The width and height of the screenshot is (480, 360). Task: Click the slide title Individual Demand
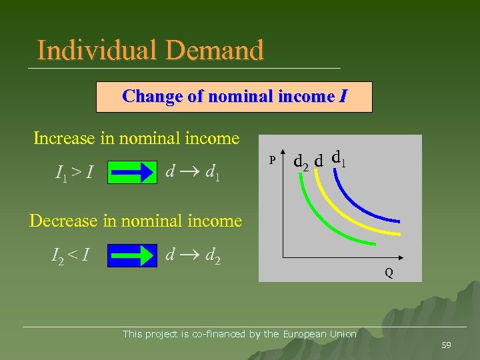coord(151,50)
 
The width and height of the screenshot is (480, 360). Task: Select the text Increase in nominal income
coord(136,138)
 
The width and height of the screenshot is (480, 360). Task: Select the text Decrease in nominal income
coord(135,220)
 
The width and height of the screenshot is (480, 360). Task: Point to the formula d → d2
coord(193,254)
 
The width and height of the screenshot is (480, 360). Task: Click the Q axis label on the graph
coord(387,272)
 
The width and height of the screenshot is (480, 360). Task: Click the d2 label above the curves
coord(301,161)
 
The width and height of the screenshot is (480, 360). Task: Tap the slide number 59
coord(446,345)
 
